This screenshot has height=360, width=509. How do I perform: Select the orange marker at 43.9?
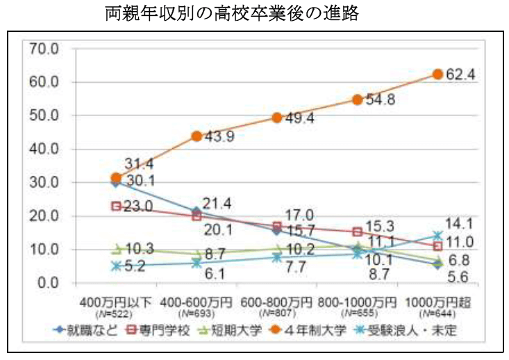[197, 136]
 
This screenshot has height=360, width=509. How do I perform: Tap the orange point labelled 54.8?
[358, 99]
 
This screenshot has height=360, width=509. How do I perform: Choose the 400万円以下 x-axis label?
[116, 304]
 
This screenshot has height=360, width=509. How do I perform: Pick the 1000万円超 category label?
[438, 304]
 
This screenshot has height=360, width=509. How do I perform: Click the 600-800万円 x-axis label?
[276, 304]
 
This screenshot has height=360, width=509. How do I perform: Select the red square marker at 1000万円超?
[438, 246]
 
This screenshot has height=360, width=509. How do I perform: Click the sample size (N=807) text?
[276, 314]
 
